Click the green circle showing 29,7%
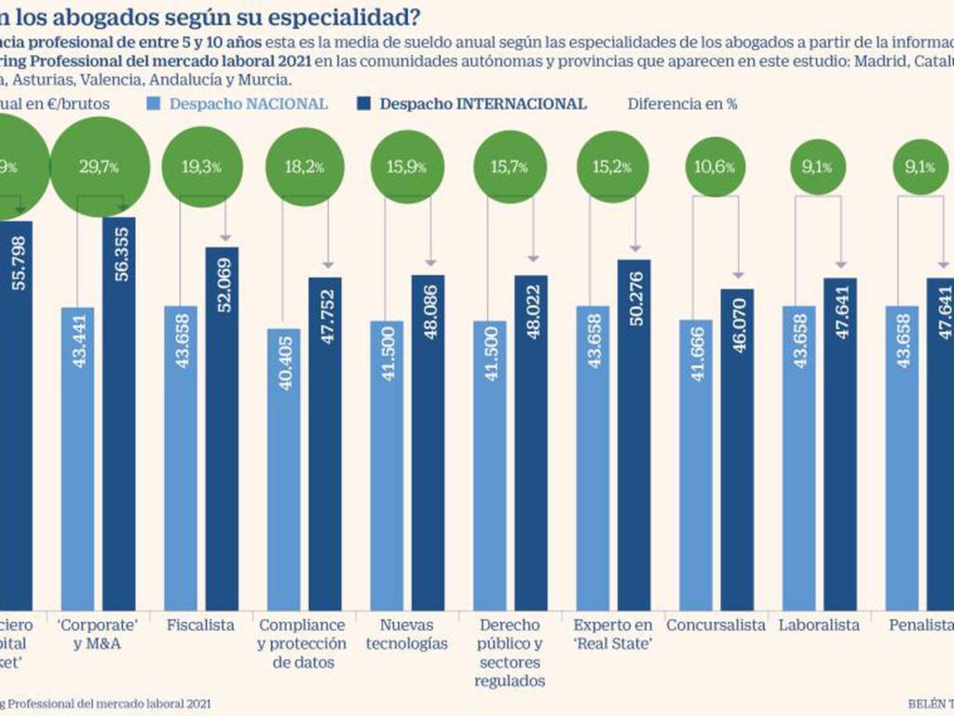93,168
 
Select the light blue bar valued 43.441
77,457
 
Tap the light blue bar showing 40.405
283,466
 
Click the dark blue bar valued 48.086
429,438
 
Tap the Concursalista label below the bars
715,625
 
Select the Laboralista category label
819,625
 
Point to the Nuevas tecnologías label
408,634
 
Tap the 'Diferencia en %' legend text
682,103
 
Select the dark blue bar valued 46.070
737,447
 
